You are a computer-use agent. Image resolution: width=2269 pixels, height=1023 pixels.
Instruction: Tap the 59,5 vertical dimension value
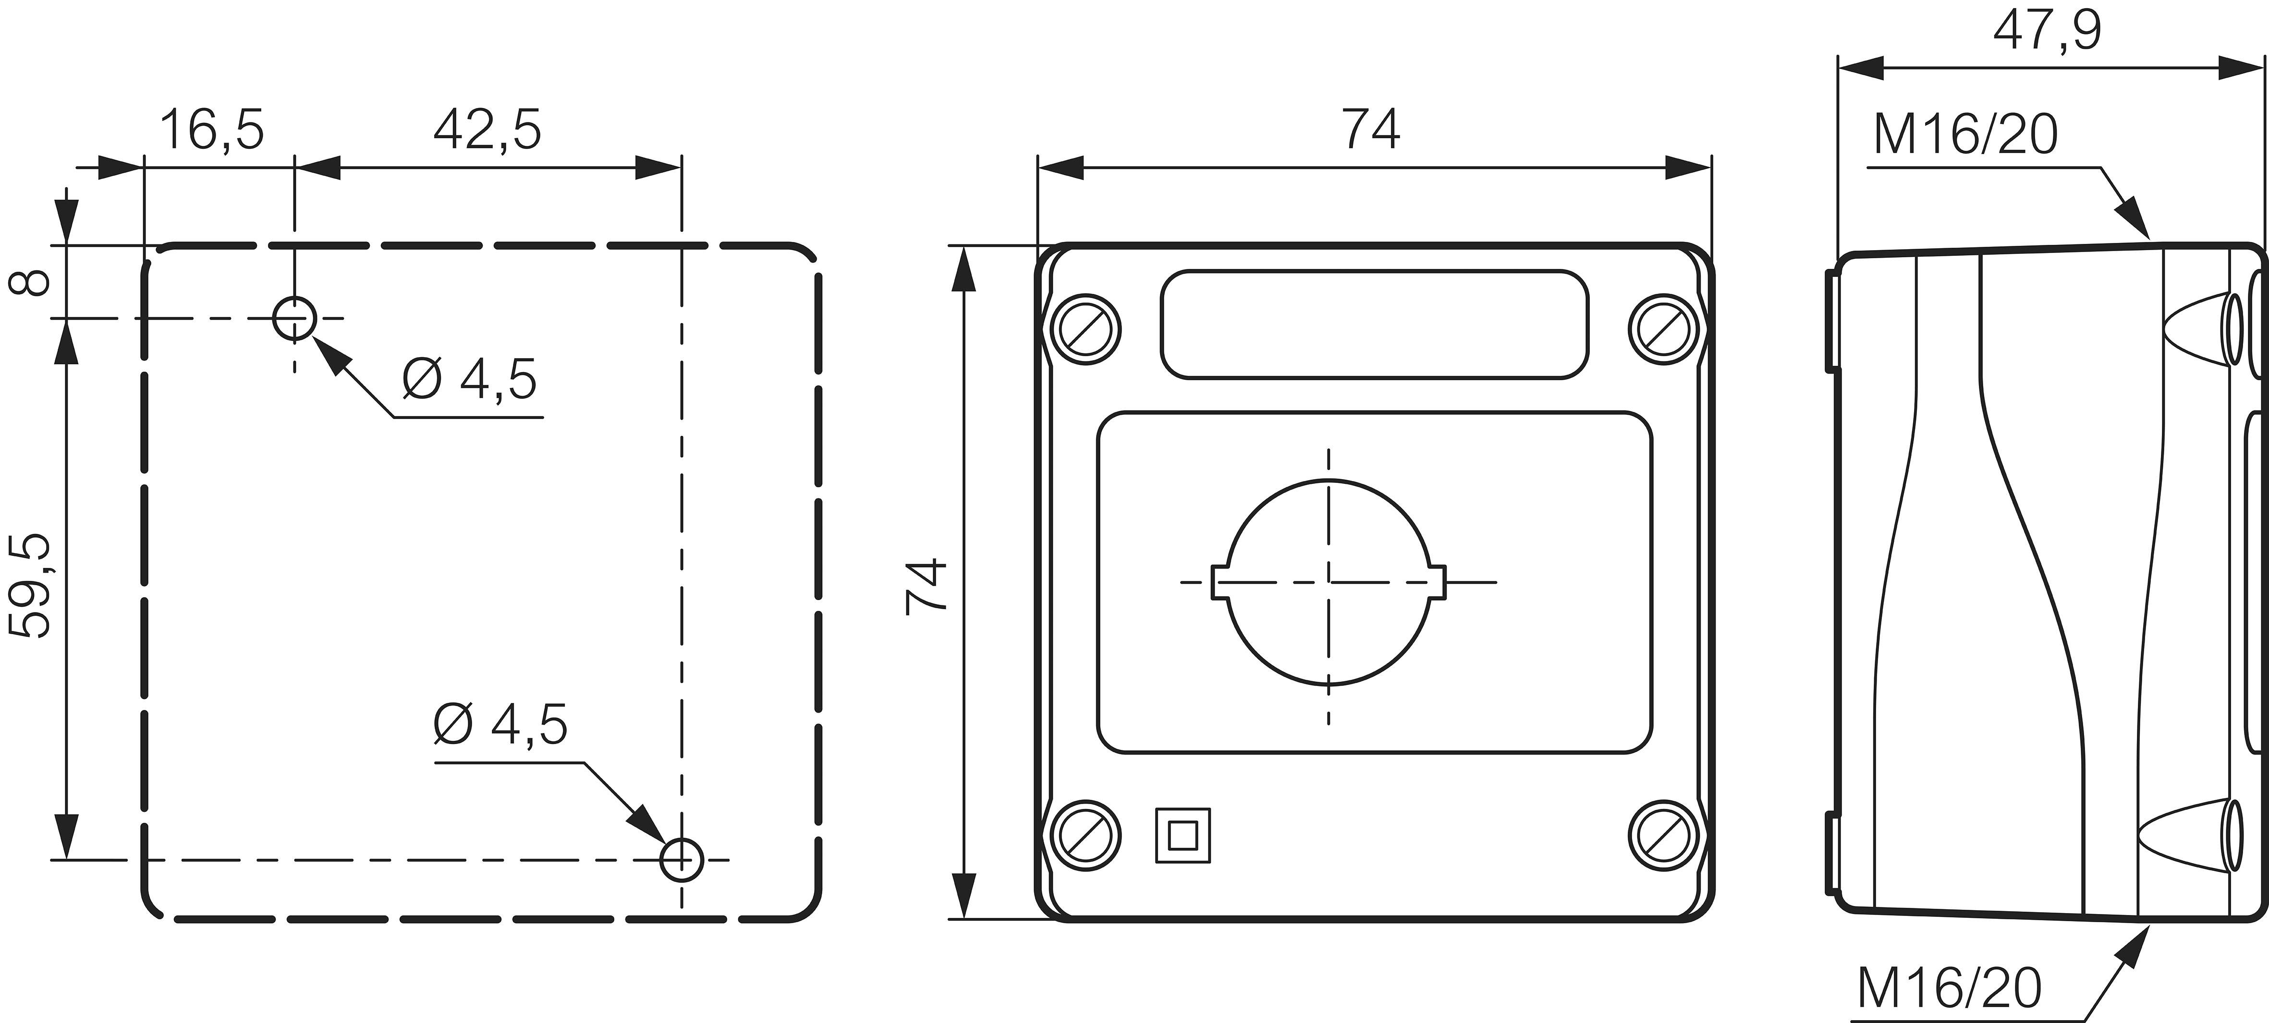[30, 586]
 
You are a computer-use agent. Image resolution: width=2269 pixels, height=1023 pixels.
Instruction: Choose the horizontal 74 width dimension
[1370, 130]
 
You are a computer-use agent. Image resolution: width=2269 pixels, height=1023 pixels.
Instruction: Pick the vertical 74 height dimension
[927, 586]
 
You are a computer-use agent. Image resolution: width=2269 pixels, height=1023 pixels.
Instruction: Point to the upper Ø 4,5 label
[469, 379]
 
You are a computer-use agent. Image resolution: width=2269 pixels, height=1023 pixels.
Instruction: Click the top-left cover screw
[1085, 329]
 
